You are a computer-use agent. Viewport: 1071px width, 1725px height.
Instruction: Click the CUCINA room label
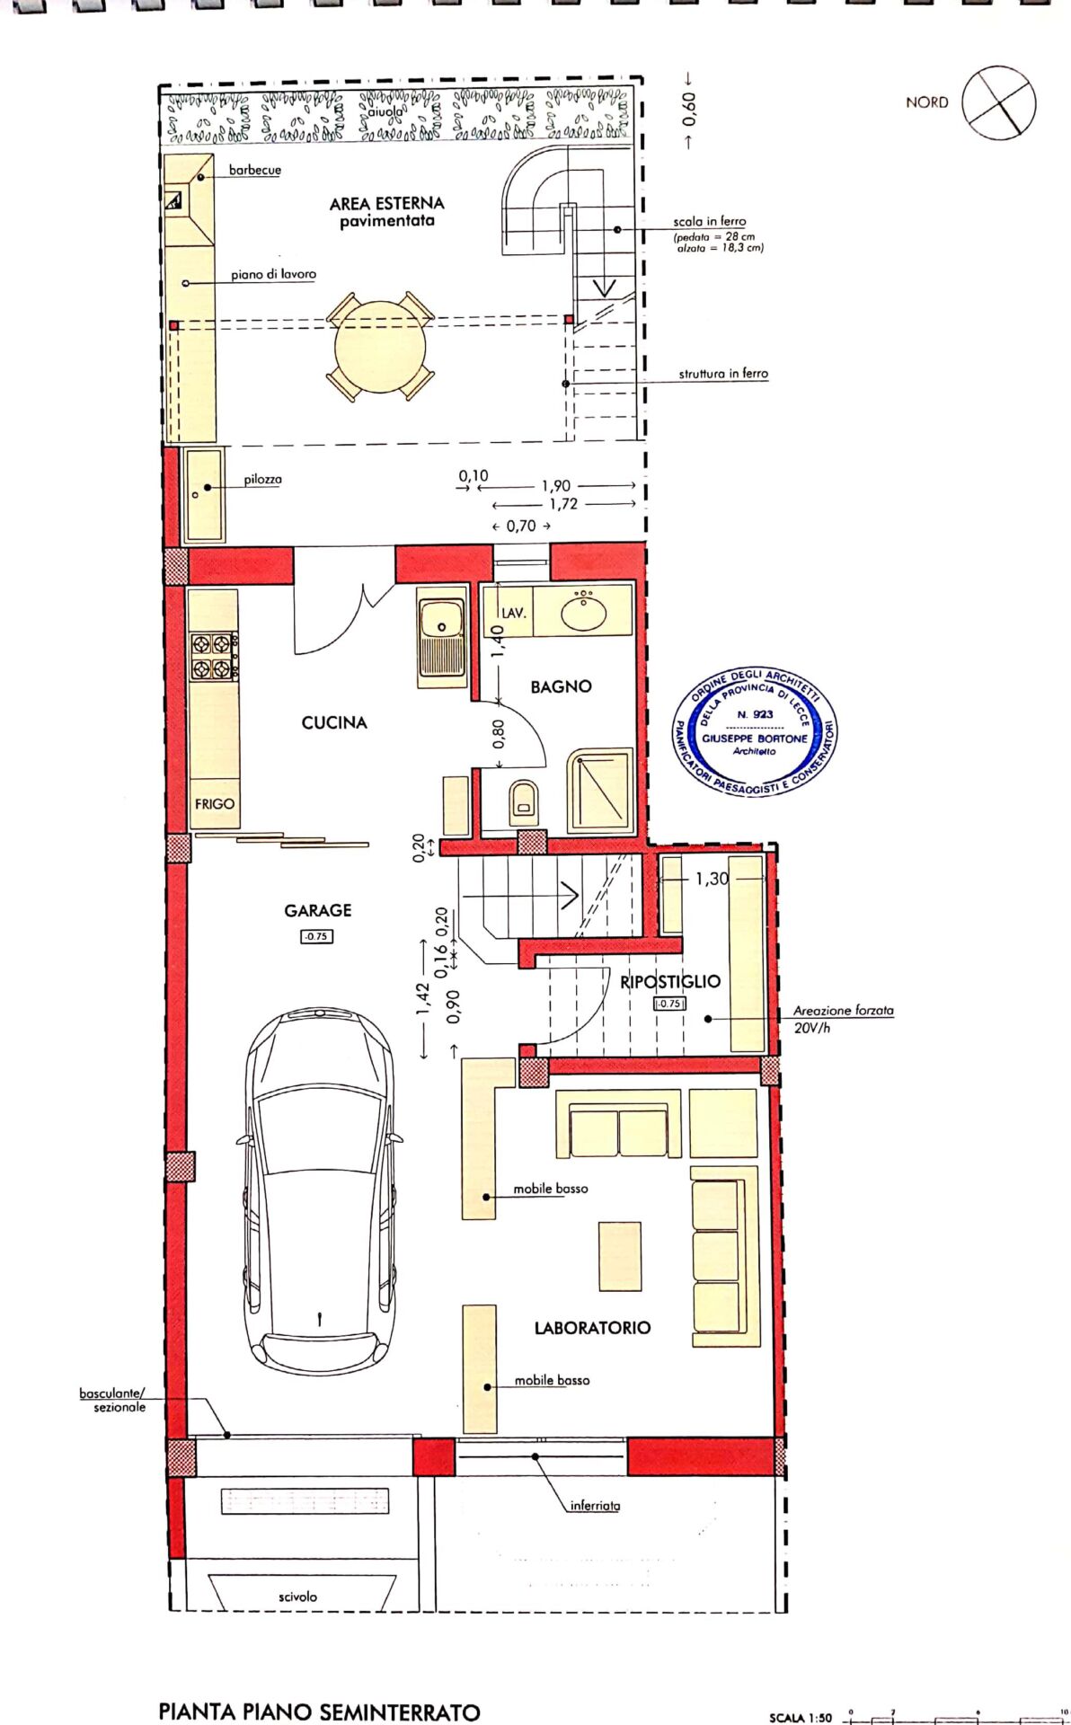point(334,722)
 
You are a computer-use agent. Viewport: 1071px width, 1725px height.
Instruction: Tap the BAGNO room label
point(561,686)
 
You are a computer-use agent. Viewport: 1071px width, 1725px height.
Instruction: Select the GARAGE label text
point(318,910)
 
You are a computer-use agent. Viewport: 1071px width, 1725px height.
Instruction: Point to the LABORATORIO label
point(592,1327)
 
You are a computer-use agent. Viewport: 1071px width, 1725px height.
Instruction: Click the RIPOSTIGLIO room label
point(670,981)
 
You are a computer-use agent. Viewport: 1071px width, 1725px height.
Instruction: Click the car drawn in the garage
point(320,1190)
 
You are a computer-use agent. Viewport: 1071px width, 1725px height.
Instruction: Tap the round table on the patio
point(381,346)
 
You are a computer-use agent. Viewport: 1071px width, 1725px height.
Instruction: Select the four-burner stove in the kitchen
point(214,656)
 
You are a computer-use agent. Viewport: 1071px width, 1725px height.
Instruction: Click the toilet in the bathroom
point(524,802)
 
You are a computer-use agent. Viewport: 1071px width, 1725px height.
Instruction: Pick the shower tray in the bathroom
point(600,791)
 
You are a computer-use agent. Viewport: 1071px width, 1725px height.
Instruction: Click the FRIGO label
point(215,804)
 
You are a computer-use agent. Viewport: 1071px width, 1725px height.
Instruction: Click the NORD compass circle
point(999,102)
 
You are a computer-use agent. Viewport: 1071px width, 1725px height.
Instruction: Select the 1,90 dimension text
point(556,486)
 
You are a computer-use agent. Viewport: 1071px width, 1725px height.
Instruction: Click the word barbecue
point(255,170)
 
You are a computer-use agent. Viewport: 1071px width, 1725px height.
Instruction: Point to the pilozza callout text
point(262,480)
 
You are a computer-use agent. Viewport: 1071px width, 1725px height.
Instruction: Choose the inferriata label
point(595,1505)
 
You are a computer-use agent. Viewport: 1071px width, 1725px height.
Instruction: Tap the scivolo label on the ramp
point(297,1597)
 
